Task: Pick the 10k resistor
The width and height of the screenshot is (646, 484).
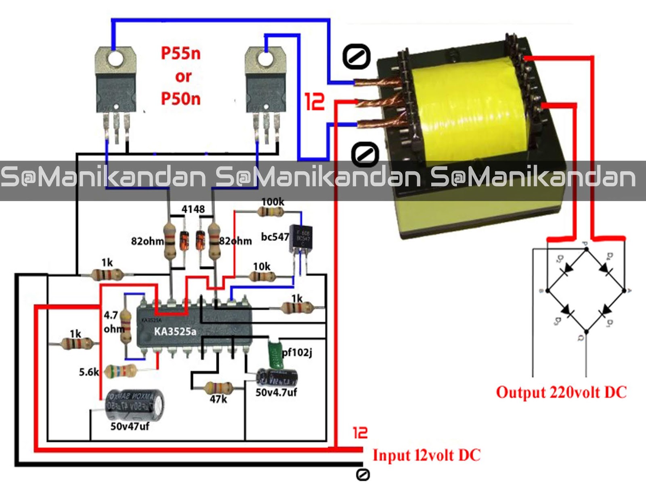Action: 262,277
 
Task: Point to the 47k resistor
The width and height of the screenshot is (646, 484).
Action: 218,388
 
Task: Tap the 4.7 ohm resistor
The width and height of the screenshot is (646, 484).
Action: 126,325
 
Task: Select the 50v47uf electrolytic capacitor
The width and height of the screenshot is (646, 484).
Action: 134,405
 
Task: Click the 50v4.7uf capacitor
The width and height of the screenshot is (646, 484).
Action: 277,378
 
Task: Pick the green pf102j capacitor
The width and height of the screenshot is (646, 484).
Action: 275,354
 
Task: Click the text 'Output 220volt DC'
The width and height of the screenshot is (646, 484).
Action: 561,392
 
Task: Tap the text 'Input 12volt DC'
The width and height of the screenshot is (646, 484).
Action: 426,455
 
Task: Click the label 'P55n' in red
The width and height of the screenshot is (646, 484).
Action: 180,53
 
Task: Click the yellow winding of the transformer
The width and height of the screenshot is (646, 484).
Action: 468,109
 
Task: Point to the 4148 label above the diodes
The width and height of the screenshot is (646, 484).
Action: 193,209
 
